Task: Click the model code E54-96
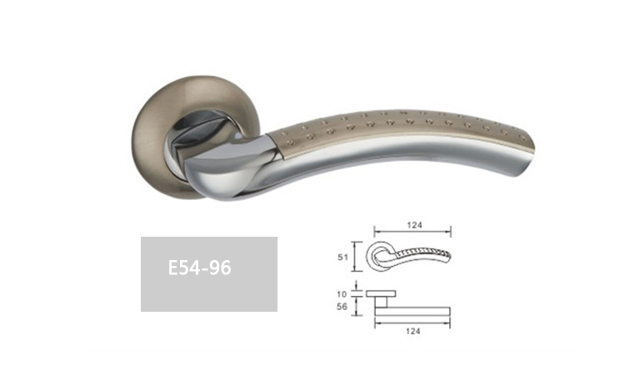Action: tap(199, 268)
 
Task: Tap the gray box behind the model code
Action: tap(209, 274)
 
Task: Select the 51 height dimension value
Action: tap(342, 258)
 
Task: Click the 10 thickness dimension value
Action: tap(342, 294)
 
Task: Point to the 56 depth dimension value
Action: tap(342, 307)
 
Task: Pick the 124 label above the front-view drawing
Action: tap(414, 225)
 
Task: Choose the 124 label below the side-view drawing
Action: tap(413, 331)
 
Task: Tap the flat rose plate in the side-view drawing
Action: tap(381, 294)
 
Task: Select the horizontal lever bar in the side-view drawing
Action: tap(412, 312)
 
